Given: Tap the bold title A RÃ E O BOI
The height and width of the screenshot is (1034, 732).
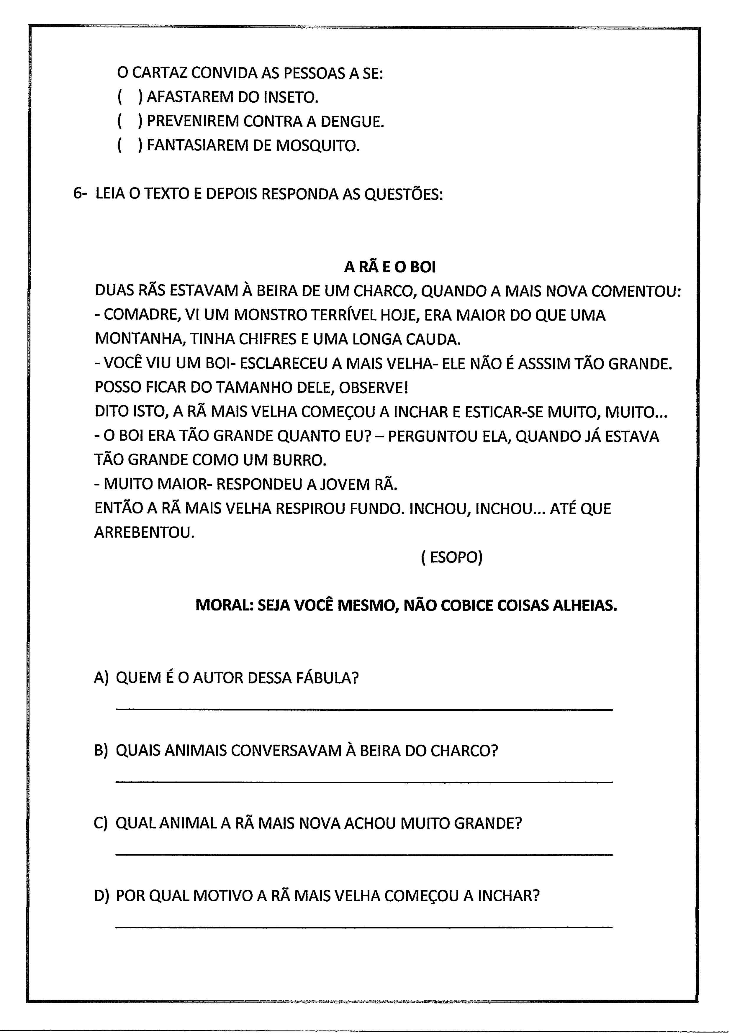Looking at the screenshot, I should pos(390,267).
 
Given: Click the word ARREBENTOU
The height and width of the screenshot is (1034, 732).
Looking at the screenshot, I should pos(144,533).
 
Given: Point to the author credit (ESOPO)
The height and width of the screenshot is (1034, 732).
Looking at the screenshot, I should pos(452,557).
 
